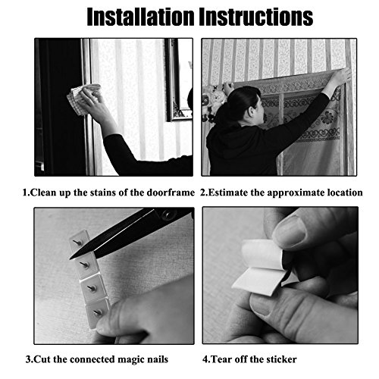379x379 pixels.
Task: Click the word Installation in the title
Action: [141, 17]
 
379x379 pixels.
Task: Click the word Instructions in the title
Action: [256, 17]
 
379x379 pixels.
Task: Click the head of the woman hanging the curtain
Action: [244, 104]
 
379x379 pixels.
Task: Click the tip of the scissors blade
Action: [70, 258]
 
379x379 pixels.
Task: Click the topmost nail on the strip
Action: [77, 243]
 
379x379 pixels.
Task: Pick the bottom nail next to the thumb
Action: [98, 313]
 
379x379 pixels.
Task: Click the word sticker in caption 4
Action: [280, 359]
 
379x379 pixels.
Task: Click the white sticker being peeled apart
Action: [260, 268]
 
